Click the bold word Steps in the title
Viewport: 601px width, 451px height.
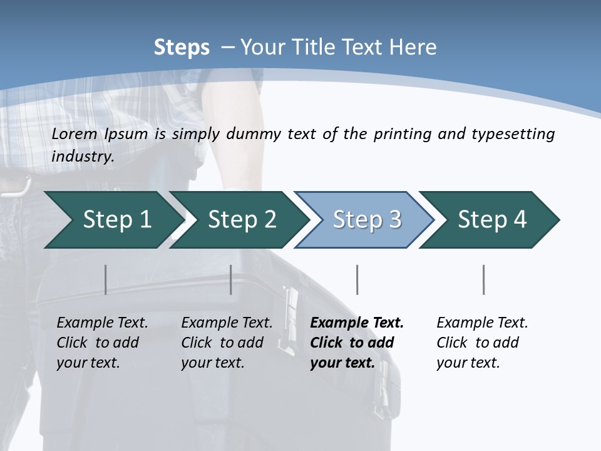(182, 48)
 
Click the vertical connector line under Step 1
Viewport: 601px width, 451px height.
(105, 279)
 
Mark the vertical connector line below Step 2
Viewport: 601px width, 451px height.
(231, 279)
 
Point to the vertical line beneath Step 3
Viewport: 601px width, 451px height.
(357, 279)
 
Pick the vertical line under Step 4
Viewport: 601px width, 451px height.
(483, 279)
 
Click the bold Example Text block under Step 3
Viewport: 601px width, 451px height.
(357, 343)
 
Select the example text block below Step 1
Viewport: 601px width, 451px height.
(102, 343)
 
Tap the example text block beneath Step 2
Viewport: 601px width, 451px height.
(227, 343)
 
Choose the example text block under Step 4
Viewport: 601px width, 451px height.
(482, 343)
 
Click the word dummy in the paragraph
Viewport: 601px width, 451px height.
(253, 134)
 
